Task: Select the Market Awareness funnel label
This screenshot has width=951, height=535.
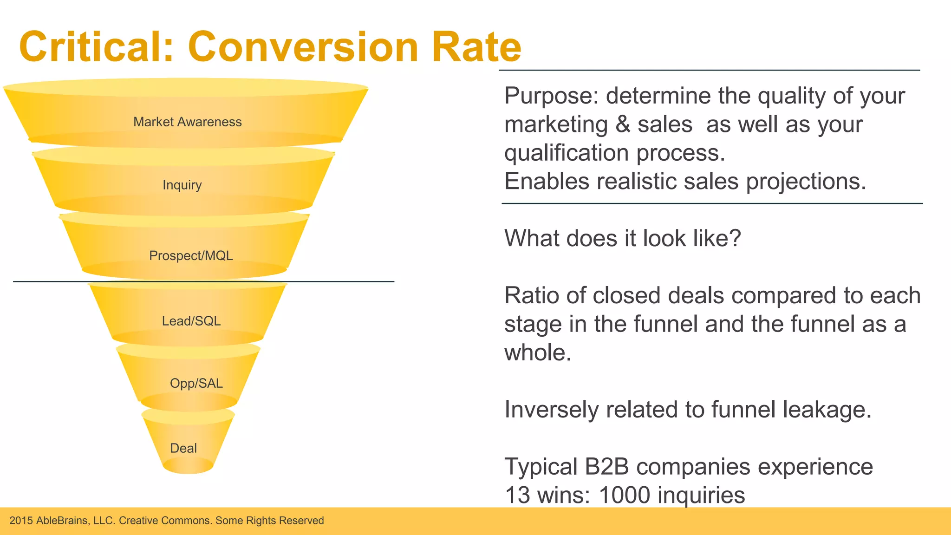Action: click(x=188, y=122)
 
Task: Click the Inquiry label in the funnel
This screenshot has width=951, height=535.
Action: click(x=182, y=185)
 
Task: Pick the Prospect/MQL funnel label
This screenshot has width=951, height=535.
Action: click(x=191, y=255)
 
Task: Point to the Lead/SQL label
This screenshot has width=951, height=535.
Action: click(x=191, y=321)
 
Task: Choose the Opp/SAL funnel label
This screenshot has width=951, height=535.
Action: click(x=196, y=383)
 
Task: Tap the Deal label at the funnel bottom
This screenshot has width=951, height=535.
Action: click(x=183, y=448)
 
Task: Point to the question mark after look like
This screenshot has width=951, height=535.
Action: click(x=735, y=238)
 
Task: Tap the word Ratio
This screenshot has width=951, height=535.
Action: click(x=531, y=295)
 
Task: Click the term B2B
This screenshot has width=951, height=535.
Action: click(x=606, y=467)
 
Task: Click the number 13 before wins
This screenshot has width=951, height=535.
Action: click(x=517, y=495)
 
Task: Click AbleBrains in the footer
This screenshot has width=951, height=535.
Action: click(x=62, y=521)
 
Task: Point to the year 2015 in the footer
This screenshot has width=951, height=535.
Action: click(x=21, y=521)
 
